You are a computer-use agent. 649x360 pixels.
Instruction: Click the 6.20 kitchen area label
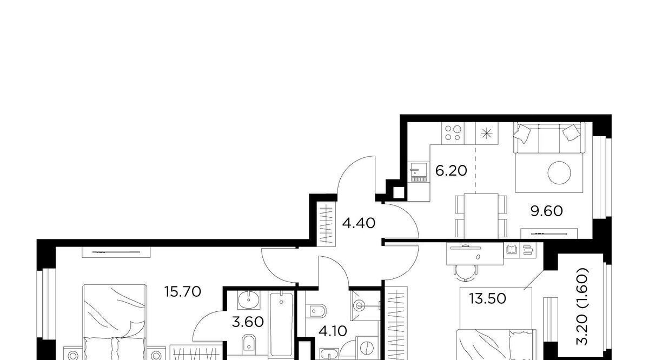451,171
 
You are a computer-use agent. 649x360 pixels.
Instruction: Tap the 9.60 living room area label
546,211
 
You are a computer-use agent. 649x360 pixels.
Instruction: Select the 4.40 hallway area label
359,223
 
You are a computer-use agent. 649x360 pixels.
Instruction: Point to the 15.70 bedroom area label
183,292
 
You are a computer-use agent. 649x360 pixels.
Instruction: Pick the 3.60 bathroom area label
248,322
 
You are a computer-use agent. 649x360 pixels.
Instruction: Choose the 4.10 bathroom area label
333,331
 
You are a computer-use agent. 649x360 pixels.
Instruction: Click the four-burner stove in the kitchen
453,133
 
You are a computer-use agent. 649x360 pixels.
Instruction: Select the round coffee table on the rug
559,173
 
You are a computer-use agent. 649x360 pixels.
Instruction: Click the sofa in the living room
549,138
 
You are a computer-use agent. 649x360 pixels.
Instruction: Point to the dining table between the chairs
481,216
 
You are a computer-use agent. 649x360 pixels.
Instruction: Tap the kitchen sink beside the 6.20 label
419,172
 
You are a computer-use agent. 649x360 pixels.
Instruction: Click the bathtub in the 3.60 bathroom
281,324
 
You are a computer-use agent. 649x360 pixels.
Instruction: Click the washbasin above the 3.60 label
249,300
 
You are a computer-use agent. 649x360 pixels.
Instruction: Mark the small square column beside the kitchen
399,193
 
